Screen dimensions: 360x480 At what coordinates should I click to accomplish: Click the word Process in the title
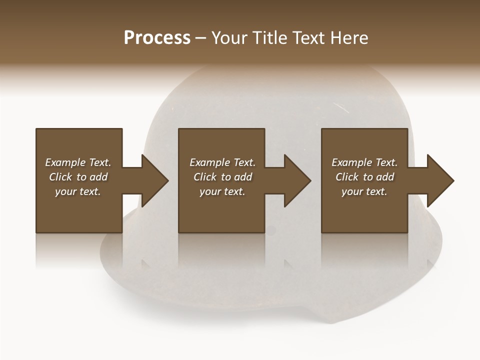click(157, 38)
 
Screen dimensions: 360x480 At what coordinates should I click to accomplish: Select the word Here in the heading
click(349, 38)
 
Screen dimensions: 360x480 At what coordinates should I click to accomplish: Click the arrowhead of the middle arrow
click(297, 180)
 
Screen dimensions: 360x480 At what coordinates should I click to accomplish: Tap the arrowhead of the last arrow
click(440, 180)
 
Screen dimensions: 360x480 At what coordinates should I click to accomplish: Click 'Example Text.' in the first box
click(78, 162)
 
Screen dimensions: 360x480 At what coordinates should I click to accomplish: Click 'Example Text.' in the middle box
click(222, 162)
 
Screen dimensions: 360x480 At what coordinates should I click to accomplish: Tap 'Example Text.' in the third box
click(364, 162)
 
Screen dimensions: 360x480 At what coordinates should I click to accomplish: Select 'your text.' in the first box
click(78, 191)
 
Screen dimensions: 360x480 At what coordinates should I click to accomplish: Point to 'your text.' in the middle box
click(222, 191)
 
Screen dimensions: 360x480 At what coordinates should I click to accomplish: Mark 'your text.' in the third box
click(364, 191)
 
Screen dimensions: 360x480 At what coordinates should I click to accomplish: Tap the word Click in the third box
click(347, 177)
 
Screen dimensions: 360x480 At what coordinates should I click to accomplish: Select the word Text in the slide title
click(309, 38)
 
